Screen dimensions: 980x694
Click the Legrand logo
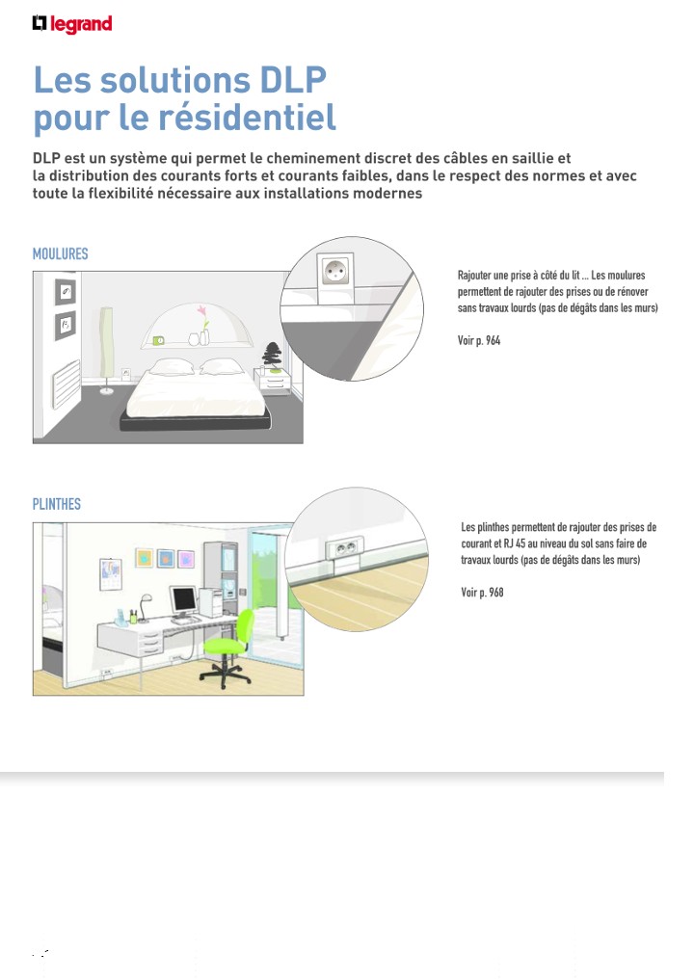coord(71,23)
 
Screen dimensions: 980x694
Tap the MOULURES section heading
coord(60,254)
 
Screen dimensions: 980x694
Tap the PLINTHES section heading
coord(57,504)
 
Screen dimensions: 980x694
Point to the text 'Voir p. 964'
coord(479,341)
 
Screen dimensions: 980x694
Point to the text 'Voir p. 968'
coord(482,592)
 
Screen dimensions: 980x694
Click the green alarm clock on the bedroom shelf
coord(159,339)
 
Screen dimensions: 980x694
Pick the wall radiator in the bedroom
coord(66,378)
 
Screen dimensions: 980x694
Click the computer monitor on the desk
coord(182,600)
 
